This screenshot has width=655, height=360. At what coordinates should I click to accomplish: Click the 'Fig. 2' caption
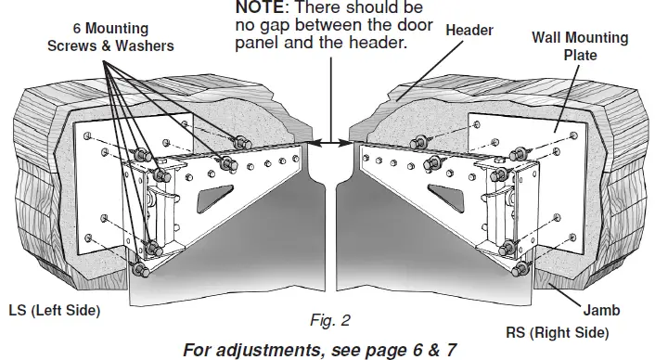pyautogui.click(x=327, y=322)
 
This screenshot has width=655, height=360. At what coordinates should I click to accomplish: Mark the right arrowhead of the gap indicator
pyautogui.click(x=354, y=142)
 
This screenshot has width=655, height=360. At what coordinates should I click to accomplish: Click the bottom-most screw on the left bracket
pyautogui.click(x=139, y=270)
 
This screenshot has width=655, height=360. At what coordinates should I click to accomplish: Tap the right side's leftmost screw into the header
pyautogui.click(x=415, y=142)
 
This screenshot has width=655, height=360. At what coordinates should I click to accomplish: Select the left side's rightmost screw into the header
pyautogui.click(x=243, y=141)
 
